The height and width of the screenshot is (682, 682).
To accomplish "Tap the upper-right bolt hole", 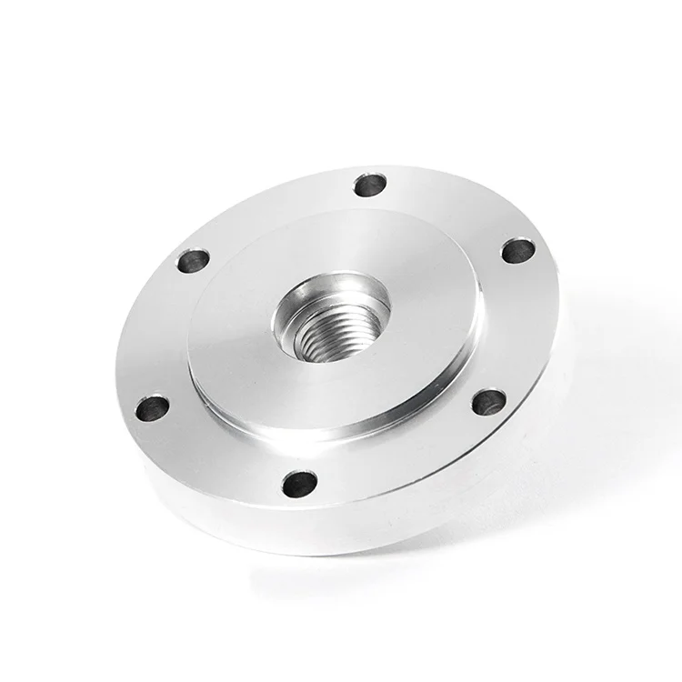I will pyautogui.click(x=517, y=250).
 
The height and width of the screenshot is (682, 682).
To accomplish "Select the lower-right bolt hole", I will pyautogui.click(x=488, y=401).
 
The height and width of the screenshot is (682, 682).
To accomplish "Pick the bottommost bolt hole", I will pyautogui.click(x=300, y=483).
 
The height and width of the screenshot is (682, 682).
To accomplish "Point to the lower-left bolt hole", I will pyautogui.click(x=152, y=407).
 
